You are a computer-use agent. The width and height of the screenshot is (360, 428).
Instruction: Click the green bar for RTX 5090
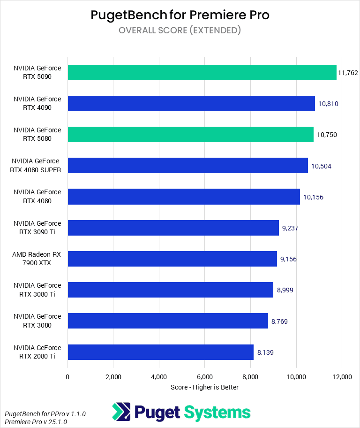[202, 73]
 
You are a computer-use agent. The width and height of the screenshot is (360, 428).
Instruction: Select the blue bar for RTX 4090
[191, 104]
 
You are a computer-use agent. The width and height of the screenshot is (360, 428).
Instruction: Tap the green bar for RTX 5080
[190, 135]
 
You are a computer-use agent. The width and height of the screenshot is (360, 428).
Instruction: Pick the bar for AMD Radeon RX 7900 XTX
[172, 259]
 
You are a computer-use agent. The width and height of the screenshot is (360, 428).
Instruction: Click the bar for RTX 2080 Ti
[160, 352]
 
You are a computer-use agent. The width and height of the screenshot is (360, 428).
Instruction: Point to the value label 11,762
[348, 73]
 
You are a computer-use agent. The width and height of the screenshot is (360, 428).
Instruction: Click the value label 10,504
[321, 166]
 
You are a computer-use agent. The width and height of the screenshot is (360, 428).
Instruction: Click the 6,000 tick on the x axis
[205, 377]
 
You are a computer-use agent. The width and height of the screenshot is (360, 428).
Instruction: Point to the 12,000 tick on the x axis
[341, 377]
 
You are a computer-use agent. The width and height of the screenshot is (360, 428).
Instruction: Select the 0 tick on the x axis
[68, 377]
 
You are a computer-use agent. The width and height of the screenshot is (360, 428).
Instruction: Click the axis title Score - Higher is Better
[204, 387]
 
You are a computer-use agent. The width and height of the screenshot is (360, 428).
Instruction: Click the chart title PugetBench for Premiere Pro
[180, 15]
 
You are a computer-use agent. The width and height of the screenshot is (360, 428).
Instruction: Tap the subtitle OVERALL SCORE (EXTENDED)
[180, 31]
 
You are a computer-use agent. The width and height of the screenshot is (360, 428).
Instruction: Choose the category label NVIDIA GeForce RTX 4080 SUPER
[36, 166]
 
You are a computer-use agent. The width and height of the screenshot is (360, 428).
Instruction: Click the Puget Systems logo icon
[121, 412]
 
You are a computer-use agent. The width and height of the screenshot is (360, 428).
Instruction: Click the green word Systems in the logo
[217, 413]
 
